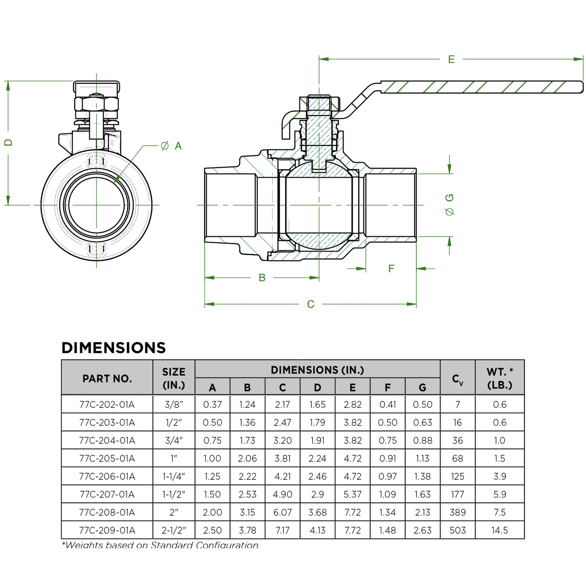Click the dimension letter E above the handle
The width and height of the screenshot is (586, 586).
point(451,59)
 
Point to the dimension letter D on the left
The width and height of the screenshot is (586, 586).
point(9,142)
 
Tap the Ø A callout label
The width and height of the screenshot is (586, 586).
point(171,146)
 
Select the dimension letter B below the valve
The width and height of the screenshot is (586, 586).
point(262,278)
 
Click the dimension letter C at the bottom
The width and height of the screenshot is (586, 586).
point(311,304)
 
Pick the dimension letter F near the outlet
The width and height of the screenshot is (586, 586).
point(391,268)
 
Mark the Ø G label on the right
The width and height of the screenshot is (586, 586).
point(449,204)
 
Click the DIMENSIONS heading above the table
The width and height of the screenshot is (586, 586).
point(114,348)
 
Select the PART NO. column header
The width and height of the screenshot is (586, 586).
point(107,378)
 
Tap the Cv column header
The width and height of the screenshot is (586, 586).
point(457,379)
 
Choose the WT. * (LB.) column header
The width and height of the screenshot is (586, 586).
point(500,378)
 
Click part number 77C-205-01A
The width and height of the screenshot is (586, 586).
point(107,459)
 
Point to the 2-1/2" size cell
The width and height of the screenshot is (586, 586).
point(174,530)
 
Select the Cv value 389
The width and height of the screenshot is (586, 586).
point(457,513)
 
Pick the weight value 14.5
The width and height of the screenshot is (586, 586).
point(500,530)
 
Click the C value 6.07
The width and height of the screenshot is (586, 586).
point(282,513)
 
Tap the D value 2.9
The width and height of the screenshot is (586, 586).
point(318,494)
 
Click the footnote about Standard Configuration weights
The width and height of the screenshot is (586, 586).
point(160,545)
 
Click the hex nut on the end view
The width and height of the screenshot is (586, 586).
point(97,104)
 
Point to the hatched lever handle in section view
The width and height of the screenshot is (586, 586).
point(479,87)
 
